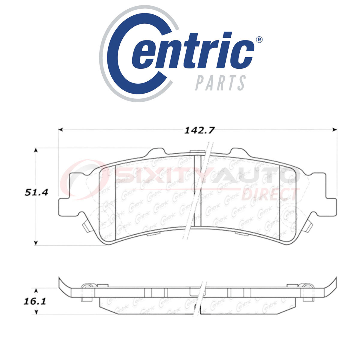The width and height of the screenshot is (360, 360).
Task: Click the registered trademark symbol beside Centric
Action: (259, 40)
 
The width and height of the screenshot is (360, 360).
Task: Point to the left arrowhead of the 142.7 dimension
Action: (60, 130)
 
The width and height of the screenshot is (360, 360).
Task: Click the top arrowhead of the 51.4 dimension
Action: (36, 150)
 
